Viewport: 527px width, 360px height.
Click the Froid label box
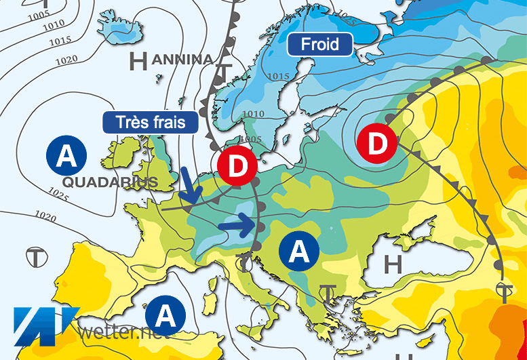point(321,45)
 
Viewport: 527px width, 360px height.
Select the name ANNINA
point(182,60)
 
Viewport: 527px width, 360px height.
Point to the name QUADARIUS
point(109,182)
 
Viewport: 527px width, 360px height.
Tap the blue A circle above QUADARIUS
point(66,157)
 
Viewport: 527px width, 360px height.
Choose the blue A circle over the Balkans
point(299,252)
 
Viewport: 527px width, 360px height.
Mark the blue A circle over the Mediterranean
point(165,315)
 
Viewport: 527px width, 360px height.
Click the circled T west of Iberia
point(35,256)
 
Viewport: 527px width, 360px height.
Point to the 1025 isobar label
point(59,197)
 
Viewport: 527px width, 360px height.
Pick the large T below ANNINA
point(224,73)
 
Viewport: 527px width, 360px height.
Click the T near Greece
point(329,293)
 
